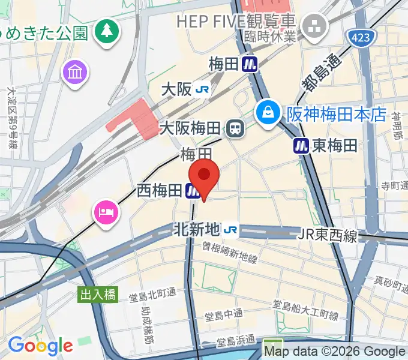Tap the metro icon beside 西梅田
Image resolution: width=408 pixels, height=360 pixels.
(193, 191)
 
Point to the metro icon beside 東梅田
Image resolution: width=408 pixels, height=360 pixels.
(301, 145)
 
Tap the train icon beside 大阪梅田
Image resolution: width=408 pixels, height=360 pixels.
(235, 128)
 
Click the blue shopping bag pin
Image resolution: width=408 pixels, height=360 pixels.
(267, 111)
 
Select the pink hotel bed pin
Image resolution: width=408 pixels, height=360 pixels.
(106, 212)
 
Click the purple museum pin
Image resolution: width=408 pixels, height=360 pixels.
(76, 73)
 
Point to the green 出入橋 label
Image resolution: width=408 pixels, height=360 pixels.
(97, 295)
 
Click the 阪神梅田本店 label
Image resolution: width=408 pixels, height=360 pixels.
(336, 114)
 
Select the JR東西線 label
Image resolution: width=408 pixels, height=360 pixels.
(327, 236)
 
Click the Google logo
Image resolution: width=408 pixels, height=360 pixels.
(40, 346)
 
